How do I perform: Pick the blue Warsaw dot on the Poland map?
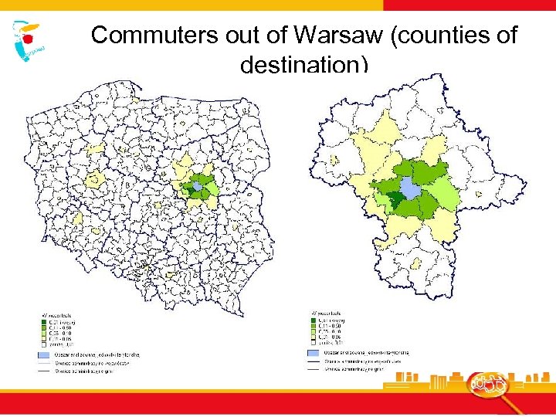point(198,186)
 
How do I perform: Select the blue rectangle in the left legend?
point(44,353)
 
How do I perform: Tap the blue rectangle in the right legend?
point(314,352)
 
